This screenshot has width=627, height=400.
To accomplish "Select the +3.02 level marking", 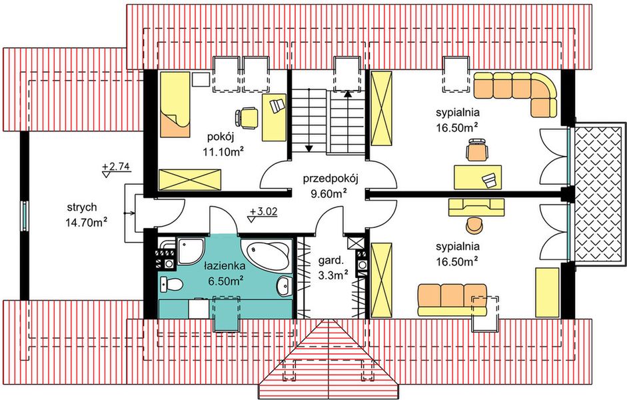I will [x=261, y=214].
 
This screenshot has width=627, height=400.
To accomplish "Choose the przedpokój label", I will [x=330, y=179].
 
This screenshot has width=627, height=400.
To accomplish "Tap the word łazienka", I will [x=223, y=267].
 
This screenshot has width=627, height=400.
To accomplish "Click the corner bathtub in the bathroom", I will [x=268, y=255].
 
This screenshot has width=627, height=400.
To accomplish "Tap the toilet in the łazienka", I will [x=172, y=285].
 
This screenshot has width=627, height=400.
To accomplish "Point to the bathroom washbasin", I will [x=284, y=287].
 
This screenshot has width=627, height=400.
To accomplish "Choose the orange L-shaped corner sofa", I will [x=520, y=92].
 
